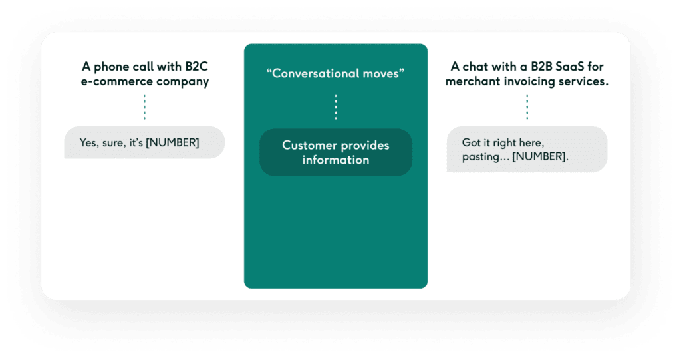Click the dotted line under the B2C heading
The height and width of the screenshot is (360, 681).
pyautogui.click(x=144, y=106)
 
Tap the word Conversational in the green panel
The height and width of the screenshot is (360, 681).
pyautogui.click(x=317, y=73)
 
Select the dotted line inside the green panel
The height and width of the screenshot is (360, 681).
pyautogui.click(x=336, y=106)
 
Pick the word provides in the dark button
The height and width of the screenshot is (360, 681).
pyautogui.click(x=365, y=145)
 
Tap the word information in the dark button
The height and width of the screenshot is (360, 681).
pyautogui.click(x=336, y=160)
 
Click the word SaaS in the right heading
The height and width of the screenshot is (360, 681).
pyautogui.click(x=569, y=67)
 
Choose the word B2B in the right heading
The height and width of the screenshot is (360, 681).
pyautogui.click(x=536, y=67)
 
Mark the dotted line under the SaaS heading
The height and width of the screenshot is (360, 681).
pyautogui.click(x=527, y=106)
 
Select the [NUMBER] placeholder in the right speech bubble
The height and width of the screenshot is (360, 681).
pyautogui.click(x=541, y=157)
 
